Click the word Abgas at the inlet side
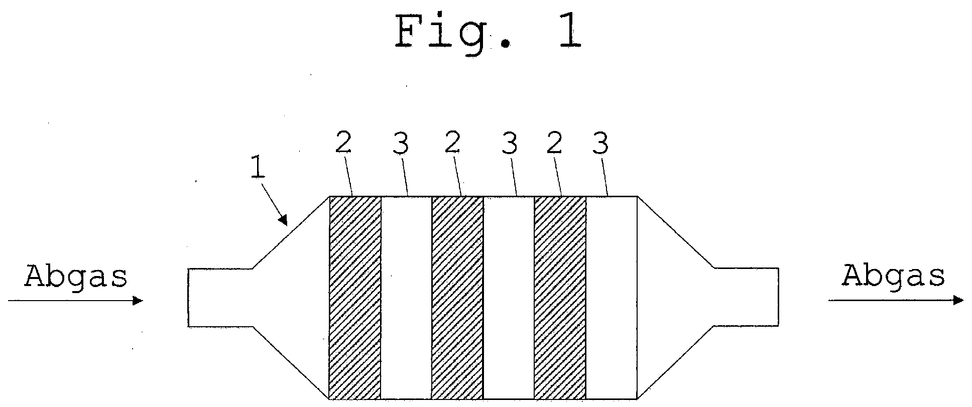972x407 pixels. (x=76, y=277)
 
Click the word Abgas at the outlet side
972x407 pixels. (x=893, y=276)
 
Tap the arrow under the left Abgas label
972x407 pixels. (x=76, y=301)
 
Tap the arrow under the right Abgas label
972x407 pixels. (x=896, y=301)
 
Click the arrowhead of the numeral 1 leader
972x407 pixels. (x=284, y=220)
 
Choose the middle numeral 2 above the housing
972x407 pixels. (x=452, y=144)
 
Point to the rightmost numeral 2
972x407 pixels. (x=554, y=144)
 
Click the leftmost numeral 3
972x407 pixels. (x=401, y=144)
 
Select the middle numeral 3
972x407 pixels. (x=509, y=144)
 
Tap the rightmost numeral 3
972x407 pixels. (x=600, y=144)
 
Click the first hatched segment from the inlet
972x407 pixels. (x=355, y=298)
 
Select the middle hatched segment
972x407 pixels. (x=457, y=298)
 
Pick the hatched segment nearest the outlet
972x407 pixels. (x=560, y=298)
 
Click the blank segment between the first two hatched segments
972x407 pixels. (x=406, y=298)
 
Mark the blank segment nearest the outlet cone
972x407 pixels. (x=612, y=298)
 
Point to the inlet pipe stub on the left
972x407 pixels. (x=220, y=298)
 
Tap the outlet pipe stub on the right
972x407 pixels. (x=747, y=298)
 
